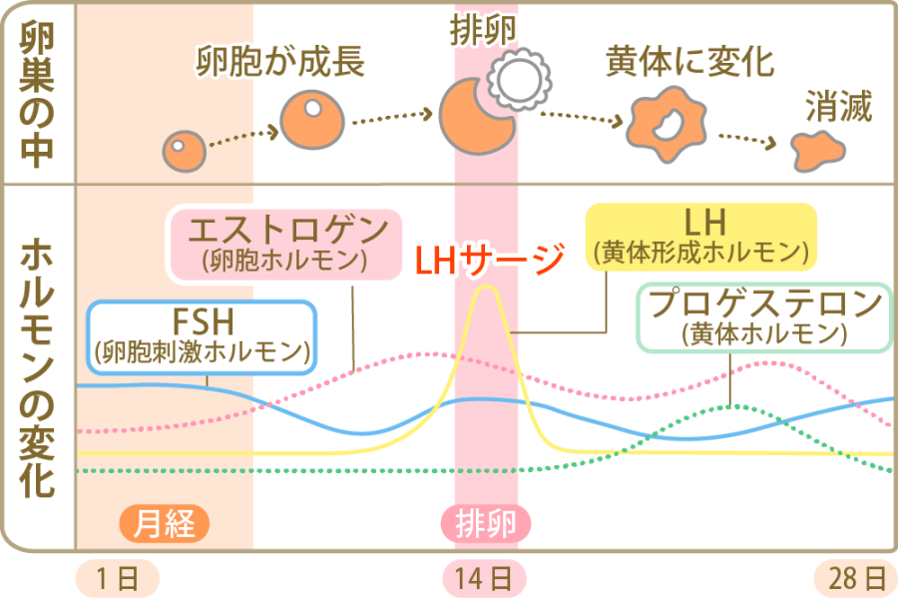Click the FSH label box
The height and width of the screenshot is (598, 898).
click(203, 335)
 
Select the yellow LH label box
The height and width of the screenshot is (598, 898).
click(700, 237)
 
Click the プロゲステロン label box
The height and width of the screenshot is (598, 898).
click(764, 317)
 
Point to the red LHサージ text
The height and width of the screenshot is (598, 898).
click(489, 260)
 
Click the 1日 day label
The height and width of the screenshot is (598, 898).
click(116, 577)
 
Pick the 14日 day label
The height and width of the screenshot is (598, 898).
click(486, 577)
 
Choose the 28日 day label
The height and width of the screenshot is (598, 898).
click(856, 577)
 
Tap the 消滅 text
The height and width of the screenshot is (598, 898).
click(839, 106)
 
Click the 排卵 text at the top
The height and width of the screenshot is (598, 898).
click(483, 28)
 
